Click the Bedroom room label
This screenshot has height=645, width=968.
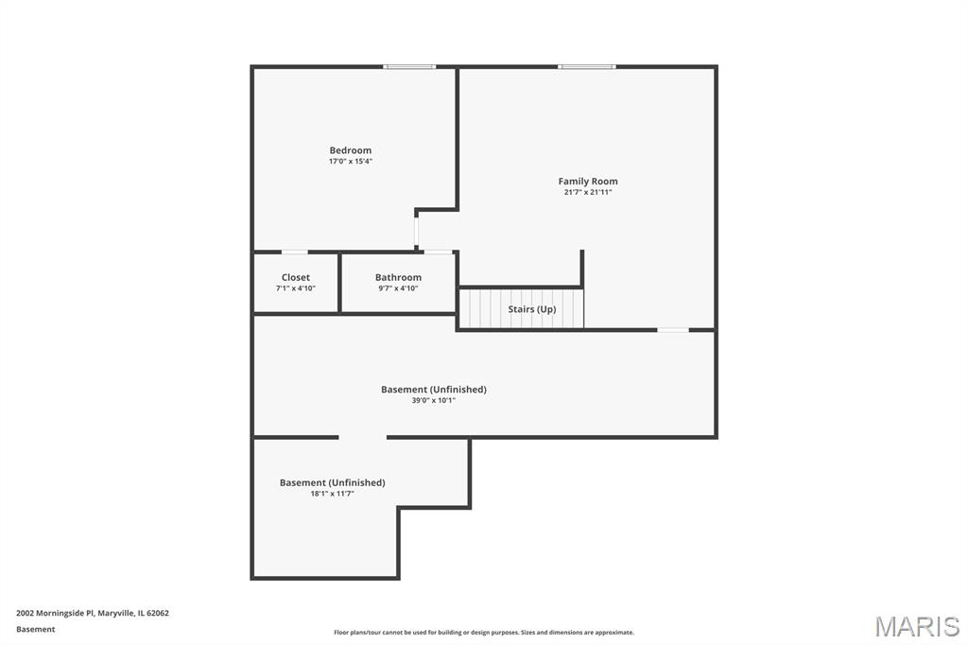tap(350, 150)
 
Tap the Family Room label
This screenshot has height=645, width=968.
tap(588, 181)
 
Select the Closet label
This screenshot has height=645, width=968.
tap(296, 277)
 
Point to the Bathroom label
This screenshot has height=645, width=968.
tap(398, 277)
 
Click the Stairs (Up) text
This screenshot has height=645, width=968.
tap(531, 309)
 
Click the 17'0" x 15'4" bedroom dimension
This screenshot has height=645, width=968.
tap(350, 162)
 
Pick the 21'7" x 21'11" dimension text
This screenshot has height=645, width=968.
tap(588, 193)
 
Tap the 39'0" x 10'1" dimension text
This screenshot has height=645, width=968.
tap(433, 401)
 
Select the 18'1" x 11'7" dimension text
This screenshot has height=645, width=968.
tap(332, 495)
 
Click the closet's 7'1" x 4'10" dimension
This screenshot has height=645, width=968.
tap(296, 288)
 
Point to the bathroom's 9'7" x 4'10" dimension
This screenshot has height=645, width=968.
tap(398, 288)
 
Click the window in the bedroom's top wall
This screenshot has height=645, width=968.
tap(409, 67)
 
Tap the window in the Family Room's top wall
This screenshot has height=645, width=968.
tap(586, 67)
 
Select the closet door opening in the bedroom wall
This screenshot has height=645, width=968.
tap(295, 253)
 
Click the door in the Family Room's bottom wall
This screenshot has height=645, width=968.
tap(673, 330)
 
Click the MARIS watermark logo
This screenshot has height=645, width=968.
tap(917, 626)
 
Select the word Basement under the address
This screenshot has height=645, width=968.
tap(35, 630)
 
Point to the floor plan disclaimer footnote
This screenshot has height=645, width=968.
tap(484, 633)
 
